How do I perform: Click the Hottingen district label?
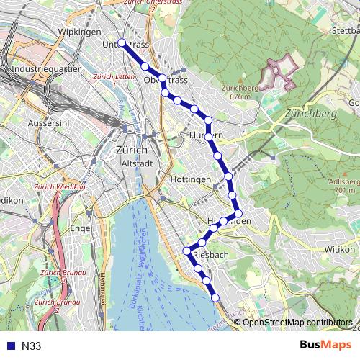pyautogui.click(x=192, y=179)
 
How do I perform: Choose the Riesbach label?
pyautogui.click(x=211, y=254)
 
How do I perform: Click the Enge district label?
pyautogui.click(x=79, y=228)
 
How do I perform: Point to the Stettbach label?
pyautogui.click(x=346, y=32)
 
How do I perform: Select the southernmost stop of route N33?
pyautogui.click(x=215, y=296)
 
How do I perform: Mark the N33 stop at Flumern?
pyautogui.click(x=209, y=135)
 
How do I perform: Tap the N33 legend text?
pyautogui.click(x=32, y=346)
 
